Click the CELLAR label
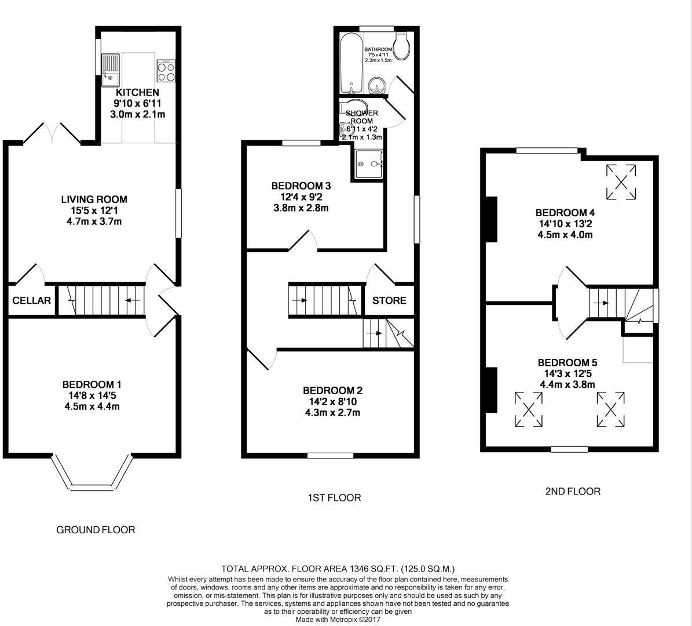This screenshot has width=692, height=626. [32, 301]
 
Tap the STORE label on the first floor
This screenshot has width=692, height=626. [389, 301]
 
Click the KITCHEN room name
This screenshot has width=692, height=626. [137, 93]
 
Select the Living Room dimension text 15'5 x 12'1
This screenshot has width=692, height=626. [94, 210]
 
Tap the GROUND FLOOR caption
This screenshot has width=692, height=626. [96, 530]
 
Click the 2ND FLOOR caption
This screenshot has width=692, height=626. [573, 492]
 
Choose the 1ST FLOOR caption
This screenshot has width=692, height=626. [334, 497]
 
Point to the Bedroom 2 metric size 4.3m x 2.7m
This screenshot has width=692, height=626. [332, 413]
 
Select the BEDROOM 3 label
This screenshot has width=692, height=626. [301, 186]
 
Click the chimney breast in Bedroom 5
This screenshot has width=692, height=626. [490, 390]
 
